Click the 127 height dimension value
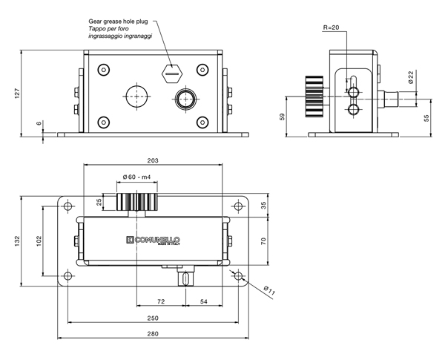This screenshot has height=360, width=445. [x=18, y=94]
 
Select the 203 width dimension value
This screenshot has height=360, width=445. [x=153, y=160]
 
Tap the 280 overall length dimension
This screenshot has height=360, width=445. [x=153, y=333]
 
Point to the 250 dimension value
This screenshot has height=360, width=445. [x=153, y=318]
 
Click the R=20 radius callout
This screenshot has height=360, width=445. [x=332, y=27]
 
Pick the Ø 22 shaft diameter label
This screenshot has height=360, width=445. [x=411, y=77]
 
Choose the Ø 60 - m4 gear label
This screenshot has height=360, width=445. [x=136, y=177]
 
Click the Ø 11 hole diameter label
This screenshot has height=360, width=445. [x=269, y=291]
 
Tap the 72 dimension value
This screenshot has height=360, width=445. [x=161, y=301]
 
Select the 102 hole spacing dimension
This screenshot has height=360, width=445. [x=39, y=241]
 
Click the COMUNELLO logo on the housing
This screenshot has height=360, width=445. [x=154, y=240]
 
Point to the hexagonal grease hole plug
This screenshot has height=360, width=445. [x=172, y=73]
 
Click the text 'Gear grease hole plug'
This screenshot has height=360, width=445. [x=118, y=22]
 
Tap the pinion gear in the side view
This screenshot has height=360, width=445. [x=314, y=96]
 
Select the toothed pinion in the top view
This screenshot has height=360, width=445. [x=136, y=202]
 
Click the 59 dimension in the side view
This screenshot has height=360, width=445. [x=282, y=117]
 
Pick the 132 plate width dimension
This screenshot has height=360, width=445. [x=18, y=241]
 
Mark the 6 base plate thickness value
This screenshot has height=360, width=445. [x=39, y=123]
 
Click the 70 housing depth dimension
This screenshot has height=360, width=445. [x=263, y=241]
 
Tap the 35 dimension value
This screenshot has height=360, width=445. [x=264, y=206]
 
